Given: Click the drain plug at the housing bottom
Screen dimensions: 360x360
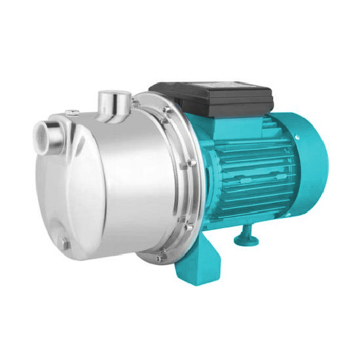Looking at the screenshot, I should point(63,244).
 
